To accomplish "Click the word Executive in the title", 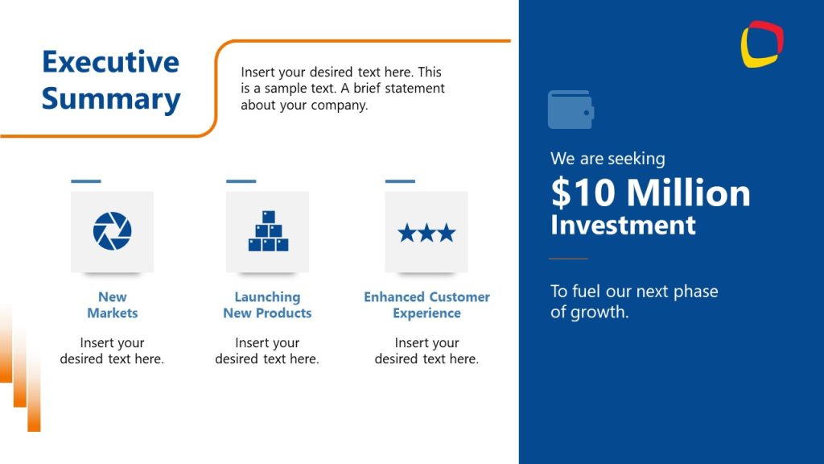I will pyautogui.click(x=110, y=62).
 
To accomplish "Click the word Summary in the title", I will pyautogui.click(x=111, y=99).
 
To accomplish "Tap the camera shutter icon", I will pyautogui.click(x=112, y=231).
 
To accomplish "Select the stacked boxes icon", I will pyautogui.click(x=268, y=231).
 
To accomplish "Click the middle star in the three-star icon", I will pyautogui.click(x=426, y=234).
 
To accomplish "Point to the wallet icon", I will pyautogui.click(x=571, y=110).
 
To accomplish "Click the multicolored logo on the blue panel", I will pyautogui.click(x=762, y=43).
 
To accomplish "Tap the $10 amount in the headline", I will pyautogui.click(x=583, y=193).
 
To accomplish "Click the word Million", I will pyautogui.click(x=688, y=193).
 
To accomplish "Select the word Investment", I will pyautogui.click(x=623, y=225).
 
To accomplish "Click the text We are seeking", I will pyautogui.click(x=608, y=159).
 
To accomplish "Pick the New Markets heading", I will pyautogui.click(x=113, y=304).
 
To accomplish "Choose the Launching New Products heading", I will pyautogui.click(x=267, y=304).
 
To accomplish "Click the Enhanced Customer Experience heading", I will pyautogui.click(x=426, y=304).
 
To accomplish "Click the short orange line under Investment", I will pyautogui.click(x=568, y=259).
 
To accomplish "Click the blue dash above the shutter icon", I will pyautogui.click(x=86, y=181).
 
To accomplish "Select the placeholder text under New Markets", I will pyautogui.click(x=112, y=351).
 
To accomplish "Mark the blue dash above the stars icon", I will pyautogui.click(x=400, y=181).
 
